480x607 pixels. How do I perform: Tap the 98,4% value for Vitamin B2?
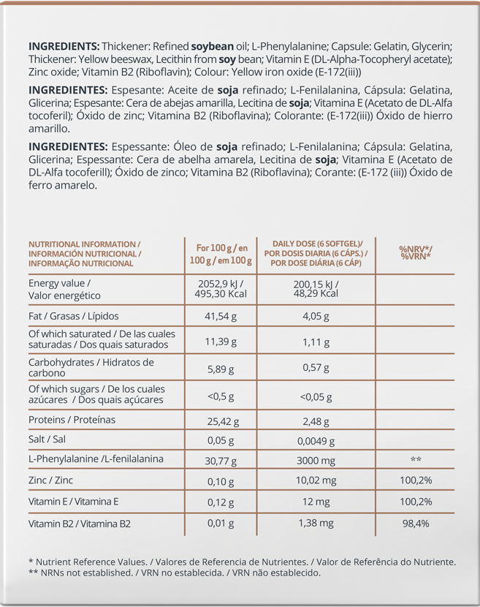click(x=414, y=524)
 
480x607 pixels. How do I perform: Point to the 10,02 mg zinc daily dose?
click(x=316, y=480)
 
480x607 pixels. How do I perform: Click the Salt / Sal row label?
click(x=47, y=439)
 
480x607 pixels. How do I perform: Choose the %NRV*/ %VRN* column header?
click(x=414, y=253)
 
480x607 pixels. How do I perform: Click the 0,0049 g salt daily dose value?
click(x=316, y=441)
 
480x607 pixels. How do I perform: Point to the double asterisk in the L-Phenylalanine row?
click(x=416, y=460)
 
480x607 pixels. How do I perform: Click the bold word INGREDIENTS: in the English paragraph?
click(x=61, y=45)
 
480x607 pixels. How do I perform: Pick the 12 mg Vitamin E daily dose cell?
click(x=316, y=502)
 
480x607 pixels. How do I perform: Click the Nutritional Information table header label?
click(x=85, y=253)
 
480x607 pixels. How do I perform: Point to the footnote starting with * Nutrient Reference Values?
click(x=241, y=562)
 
